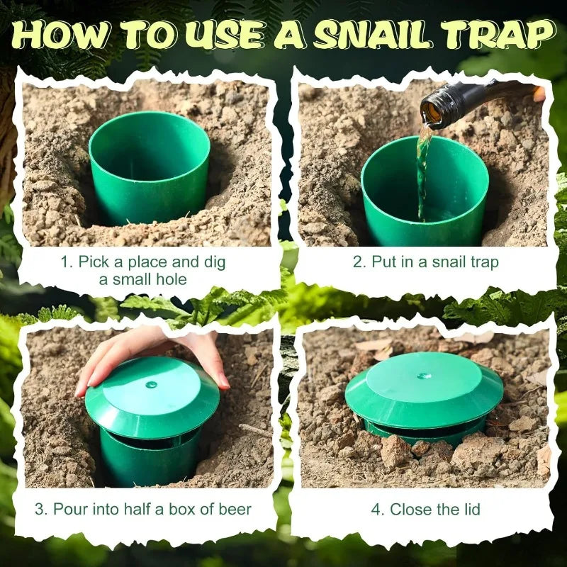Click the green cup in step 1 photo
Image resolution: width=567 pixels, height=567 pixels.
click(x=150, y=167)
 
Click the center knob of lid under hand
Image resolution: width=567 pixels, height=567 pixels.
click(x=151, y=385)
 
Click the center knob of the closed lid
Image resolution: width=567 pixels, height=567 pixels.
click(x=424, y=375)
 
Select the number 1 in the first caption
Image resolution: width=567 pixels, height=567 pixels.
click(x=65, y=262)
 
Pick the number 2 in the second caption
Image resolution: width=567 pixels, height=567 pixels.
click(x=358, y=262)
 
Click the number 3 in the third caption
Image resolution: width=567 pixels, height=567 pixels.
click(x=40, y=509)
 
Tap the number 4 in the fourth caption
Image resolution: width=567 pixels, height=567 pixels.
click(x=376, y=509)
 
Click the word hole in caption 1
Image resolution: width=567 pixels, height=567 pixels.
click(x=170, y=279)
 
